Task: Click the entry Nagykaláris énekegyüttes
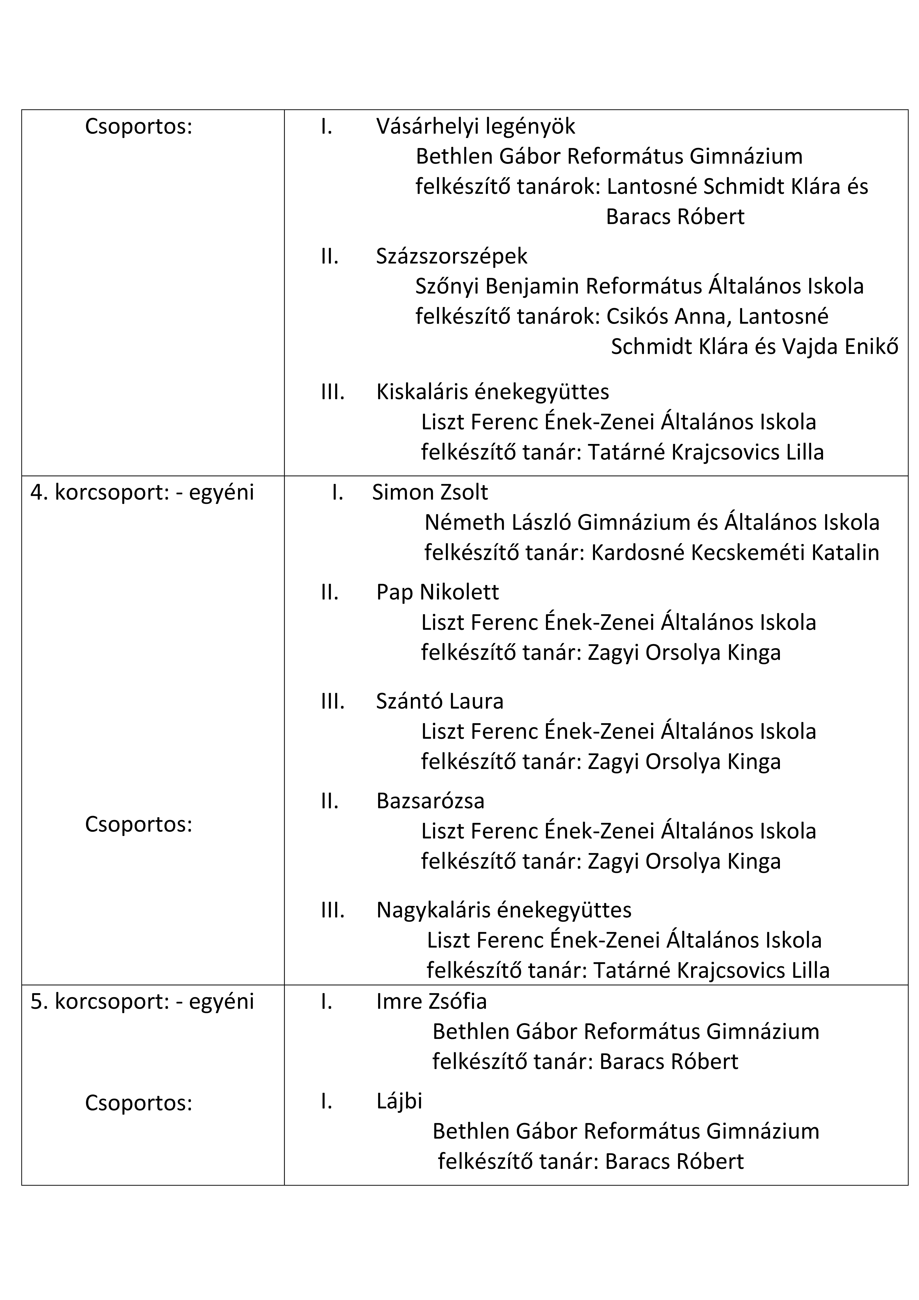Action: tap(503, 910)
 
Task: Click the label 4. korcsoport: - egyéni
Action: tap(142, 493)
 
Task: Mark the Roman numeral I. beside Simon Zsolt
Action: tap(338, 493)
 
